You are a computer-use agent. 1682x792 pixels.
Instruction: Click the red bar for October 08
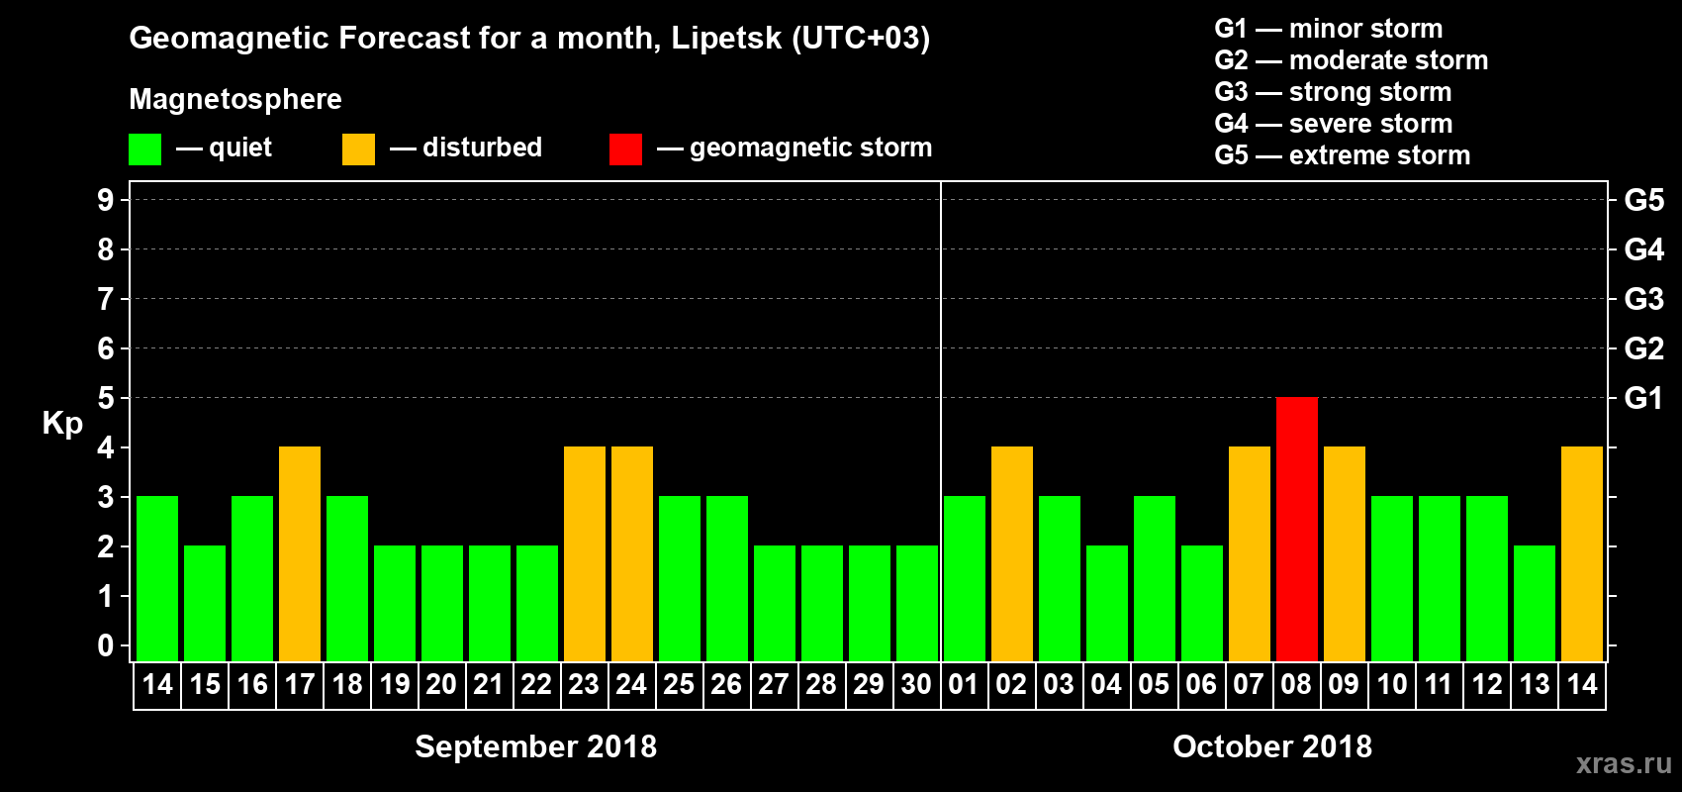pos(1296,529)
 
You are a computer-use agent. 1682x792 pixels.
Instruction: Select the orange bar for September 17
pos(300,553)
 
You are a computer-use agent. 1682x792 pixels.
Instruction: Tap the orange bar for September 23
pos(584,553)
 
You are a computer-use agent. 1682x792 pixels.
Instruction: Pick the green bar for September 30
pos(916,603)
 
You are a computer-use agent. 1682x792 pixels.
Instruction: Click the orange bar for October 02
pos(1011,553)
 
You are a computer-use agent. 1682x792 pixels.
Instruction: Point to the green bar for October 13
pos(1534,603)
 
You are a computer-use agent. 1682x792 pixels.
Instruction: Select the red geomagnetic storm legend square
pos(625,149)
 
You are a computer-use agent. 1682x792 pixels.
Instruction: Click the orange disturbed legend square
pos(358,149)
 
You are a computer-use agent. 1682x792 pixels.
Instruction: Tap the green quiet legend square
pos(144,149)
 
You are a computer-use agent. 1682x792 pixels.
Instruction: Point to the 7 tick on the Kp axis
pos(106,299)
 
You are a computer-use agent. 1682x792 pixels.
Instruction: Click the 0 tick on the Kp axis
pos(106,645)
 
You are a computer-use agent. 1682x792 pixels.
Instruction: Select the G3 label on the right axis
pos(1643,299)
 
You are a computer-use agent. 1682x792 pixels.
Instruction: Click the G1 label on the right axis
pos(1643,398)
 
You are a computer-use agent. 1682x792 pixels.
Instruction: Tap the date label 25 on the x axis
pos(679,684)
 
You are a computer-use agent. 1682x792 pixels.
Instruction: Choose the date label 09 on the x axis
pos(1344,684)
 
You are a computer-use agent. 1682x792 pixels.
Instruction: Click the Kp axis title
pos(62,424)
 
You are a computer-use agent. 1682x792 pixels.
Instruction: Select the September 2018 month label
pos(535,746)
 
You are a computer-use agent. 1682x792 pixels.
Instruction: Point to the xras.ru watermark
pos(1624,762)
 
